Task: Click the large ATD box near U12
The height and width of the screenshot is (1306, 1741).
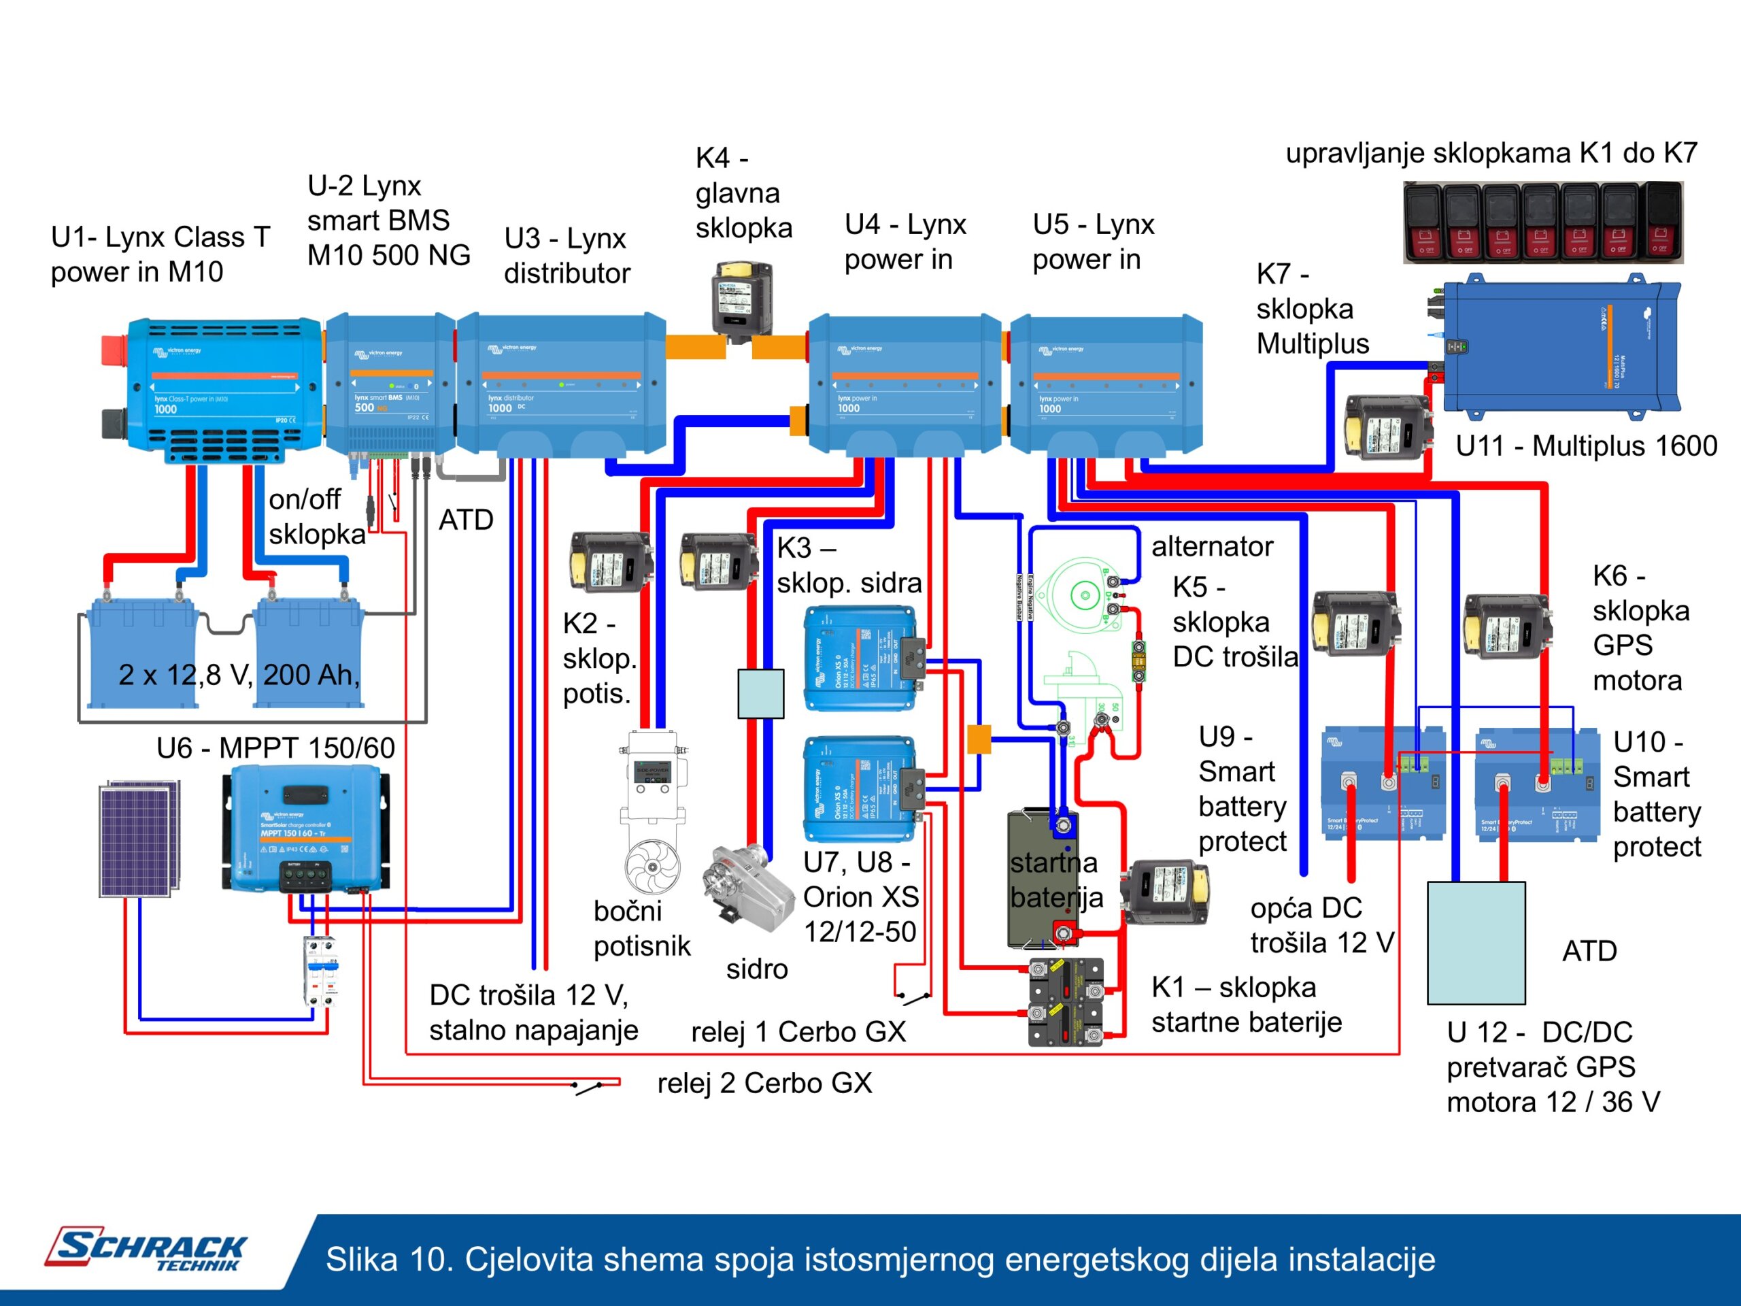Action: coord(1476,942)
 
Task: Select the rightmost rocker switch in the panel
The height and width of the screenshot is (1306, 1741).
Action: coord(1662,221)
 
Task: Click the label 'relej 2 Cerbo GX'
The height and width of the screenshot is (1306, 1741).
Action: coord(764,1083)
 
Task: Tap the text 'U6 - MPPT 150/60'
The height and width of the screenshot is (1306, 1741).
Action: coord(275,748)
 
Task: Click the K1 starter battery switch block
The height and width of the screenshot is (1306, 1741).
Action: coord(1066,1001)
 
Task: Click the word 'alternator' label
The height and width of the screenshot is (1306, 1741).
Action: coord(1211,546)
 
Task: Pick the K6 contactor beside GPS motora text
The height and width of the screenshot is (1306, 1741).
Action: coord(1506,626)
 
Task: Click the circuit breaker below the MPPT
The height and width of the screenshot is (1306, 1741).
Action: coord(321,970)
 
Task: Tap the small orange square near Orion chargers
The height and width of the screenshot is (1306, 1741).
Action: coord(979,739)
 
